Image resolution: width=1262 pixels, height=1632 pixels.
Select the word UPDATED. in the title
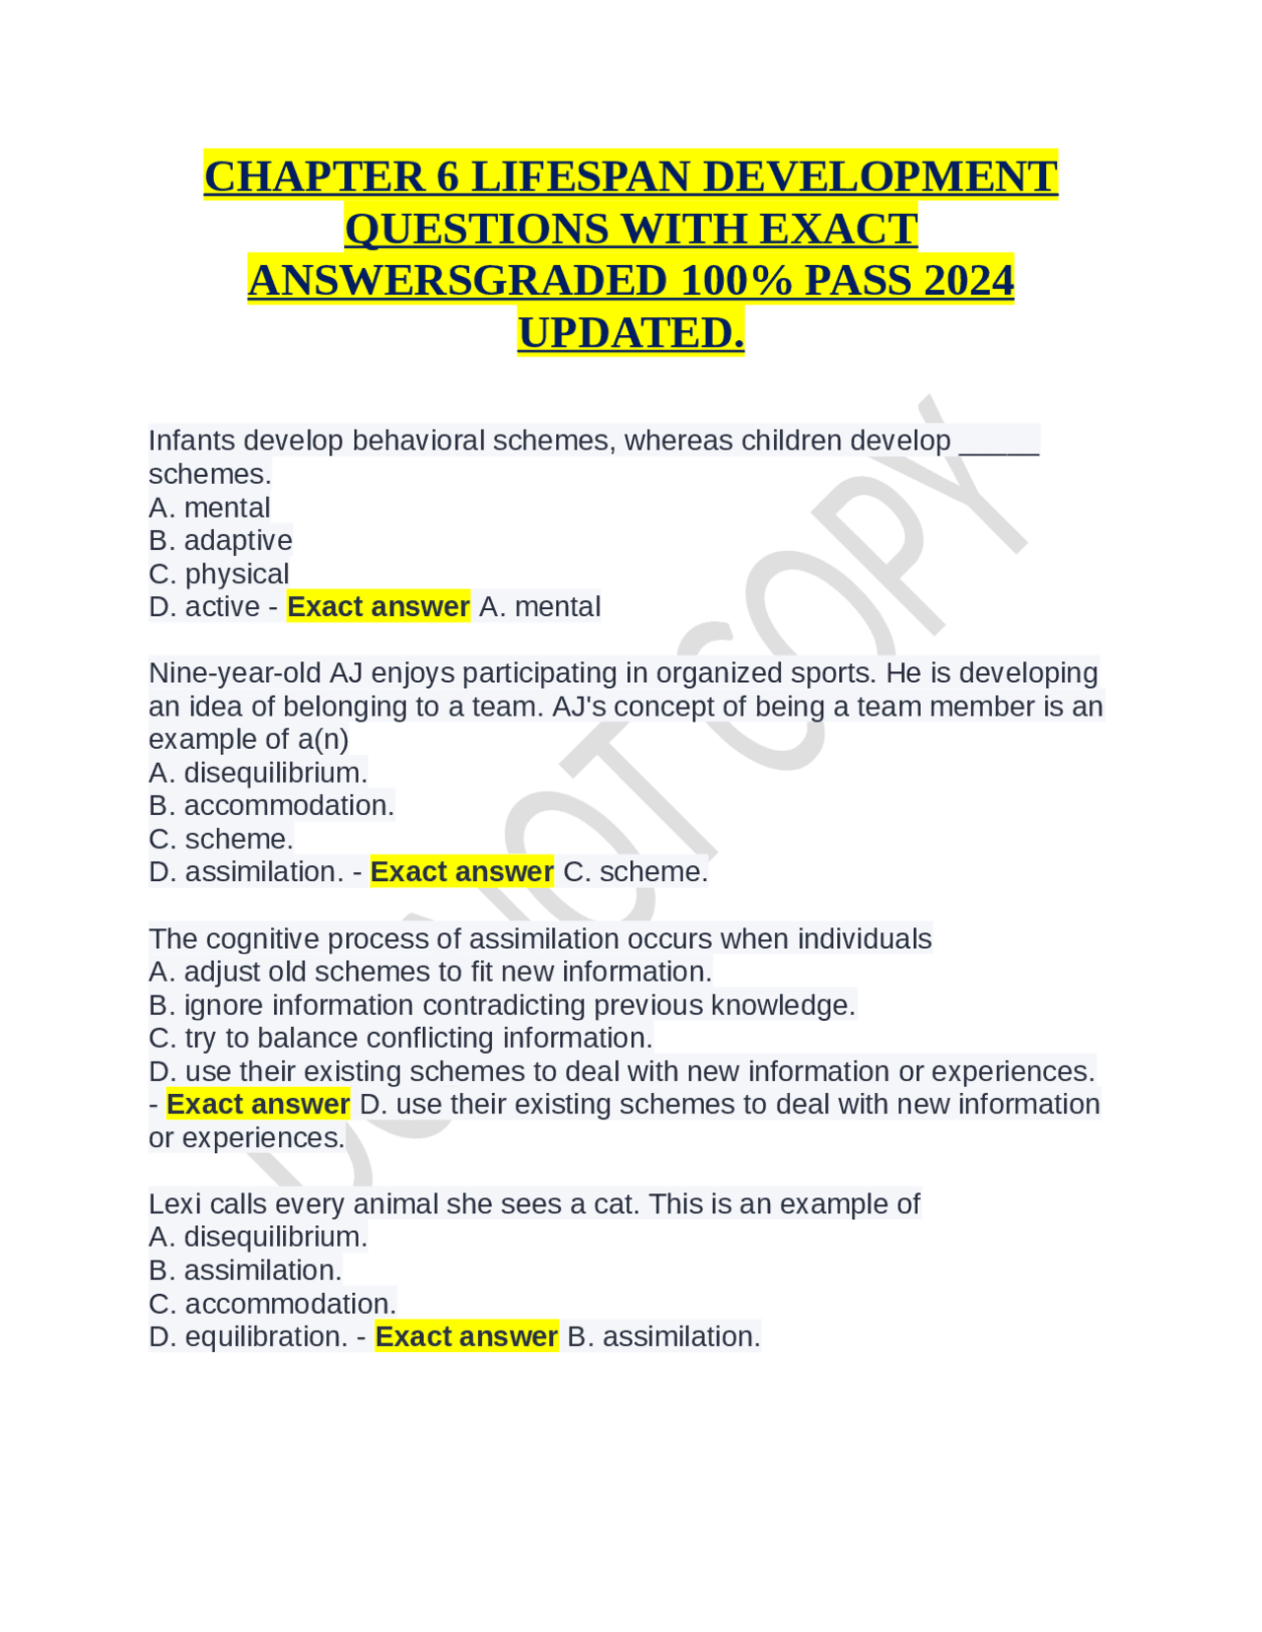(x=631, y=333)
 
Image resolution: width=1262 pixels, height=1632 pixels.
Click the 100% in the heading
(x=736, y=281)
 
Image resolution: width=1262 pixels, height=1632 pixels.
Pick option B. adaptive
(x=221, y=540)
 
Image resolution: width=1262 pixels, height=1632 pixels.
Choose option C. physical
(x=219, y=574)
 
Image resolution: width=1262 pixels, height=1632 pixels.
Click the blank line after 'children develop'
(x=999, y=441)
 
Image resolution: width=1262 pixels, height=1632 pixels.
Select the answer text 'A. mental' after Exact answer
(x=539, y=607)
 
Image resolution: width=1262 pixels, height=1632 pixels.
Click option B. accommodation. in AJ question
(x=271, y=805)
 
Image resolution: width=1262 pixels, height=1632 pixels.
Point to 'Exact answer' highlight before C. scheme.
(x=461, y=872)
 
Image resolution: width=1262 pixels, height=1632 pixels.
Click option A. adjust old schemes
(x=430, y=972)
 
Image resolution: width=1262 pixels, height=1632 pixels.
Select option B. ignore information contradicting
(x=502, y=1005)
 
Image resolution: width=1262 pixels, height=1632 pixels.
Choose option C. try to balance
(x=400, y=1038)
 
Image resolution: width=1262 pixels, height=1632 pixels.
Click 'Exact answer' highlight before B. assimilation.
(x=466, y=1336)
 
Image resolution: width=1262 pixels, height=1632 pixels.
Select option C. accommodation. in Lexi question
(x=272, y=1304)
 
